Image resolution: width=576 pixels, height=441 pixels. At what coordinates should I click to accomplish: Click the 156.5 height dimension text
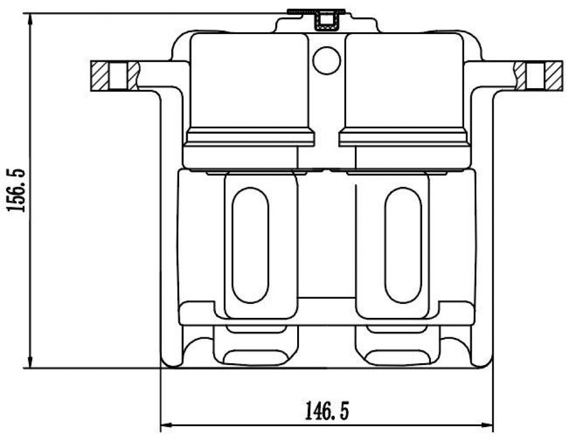[17, 190]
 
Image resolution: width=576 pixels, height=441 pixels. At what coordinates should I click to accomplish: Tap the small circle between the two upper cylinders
[327, 60]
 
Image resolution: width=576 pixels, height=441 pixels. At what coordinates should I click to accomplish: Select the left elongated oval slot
[251, 245]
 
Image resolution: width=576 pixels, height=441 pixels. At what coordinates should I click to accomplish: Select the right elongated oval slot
[403, 245]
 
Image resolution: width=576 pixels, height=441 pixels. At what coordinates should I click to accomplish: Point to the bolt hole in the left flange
[118, 76]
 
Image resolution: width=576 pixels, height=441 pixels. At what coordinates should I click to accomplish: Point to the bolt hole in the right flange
[535, 76]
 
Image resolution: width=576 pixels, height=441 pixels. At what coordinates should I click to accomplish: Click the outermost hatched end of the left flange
[100, 76]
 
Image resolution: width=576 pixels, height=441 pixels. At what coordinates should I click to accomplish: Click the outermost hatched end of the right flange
[553, 76]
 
